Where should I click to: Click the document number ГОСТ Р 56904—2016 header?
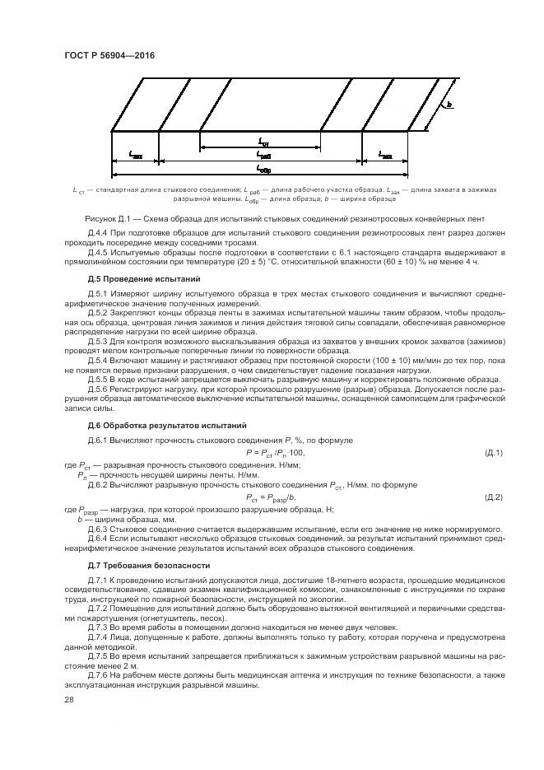(x=109, y=55)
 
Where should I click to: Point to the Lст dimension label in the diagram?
(x=263, y=140)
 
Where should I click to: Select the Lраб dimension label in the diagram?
(x=263, y=154)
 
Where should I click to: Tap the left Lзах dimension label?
(x=137, y=154)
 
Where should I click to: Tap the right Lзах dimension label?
(x=385, y=154)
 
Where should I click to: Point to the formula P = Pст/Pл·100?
(x=275, y=453)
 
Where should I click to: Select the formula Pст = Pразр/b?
(x=270, y=497)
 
